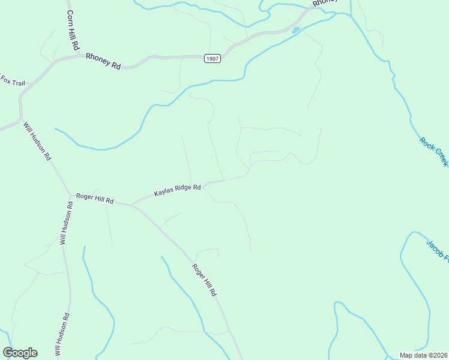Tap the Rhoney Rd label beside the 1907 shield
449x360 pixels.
(103, 61)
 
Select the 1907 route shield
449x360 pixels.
(212, 58)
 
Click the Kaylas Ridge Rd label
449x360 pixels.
(177, 191)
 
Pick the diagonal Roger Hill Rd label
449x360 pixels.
(203, 280)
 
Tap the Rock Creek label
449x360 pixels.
(434, 152)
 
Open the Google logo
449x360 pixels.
(20, 353)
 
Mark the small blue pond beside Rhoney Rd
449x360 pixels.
(296, 29)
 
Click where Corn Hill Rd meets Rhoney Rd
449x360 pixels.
(79, 56)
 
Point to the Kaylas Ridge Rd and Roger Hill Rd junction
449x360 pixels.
(132, 205)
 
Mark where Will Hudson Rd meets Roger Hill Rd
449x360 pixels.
(70, 195)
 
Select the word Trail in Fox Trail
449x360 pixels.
(17, 82)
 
